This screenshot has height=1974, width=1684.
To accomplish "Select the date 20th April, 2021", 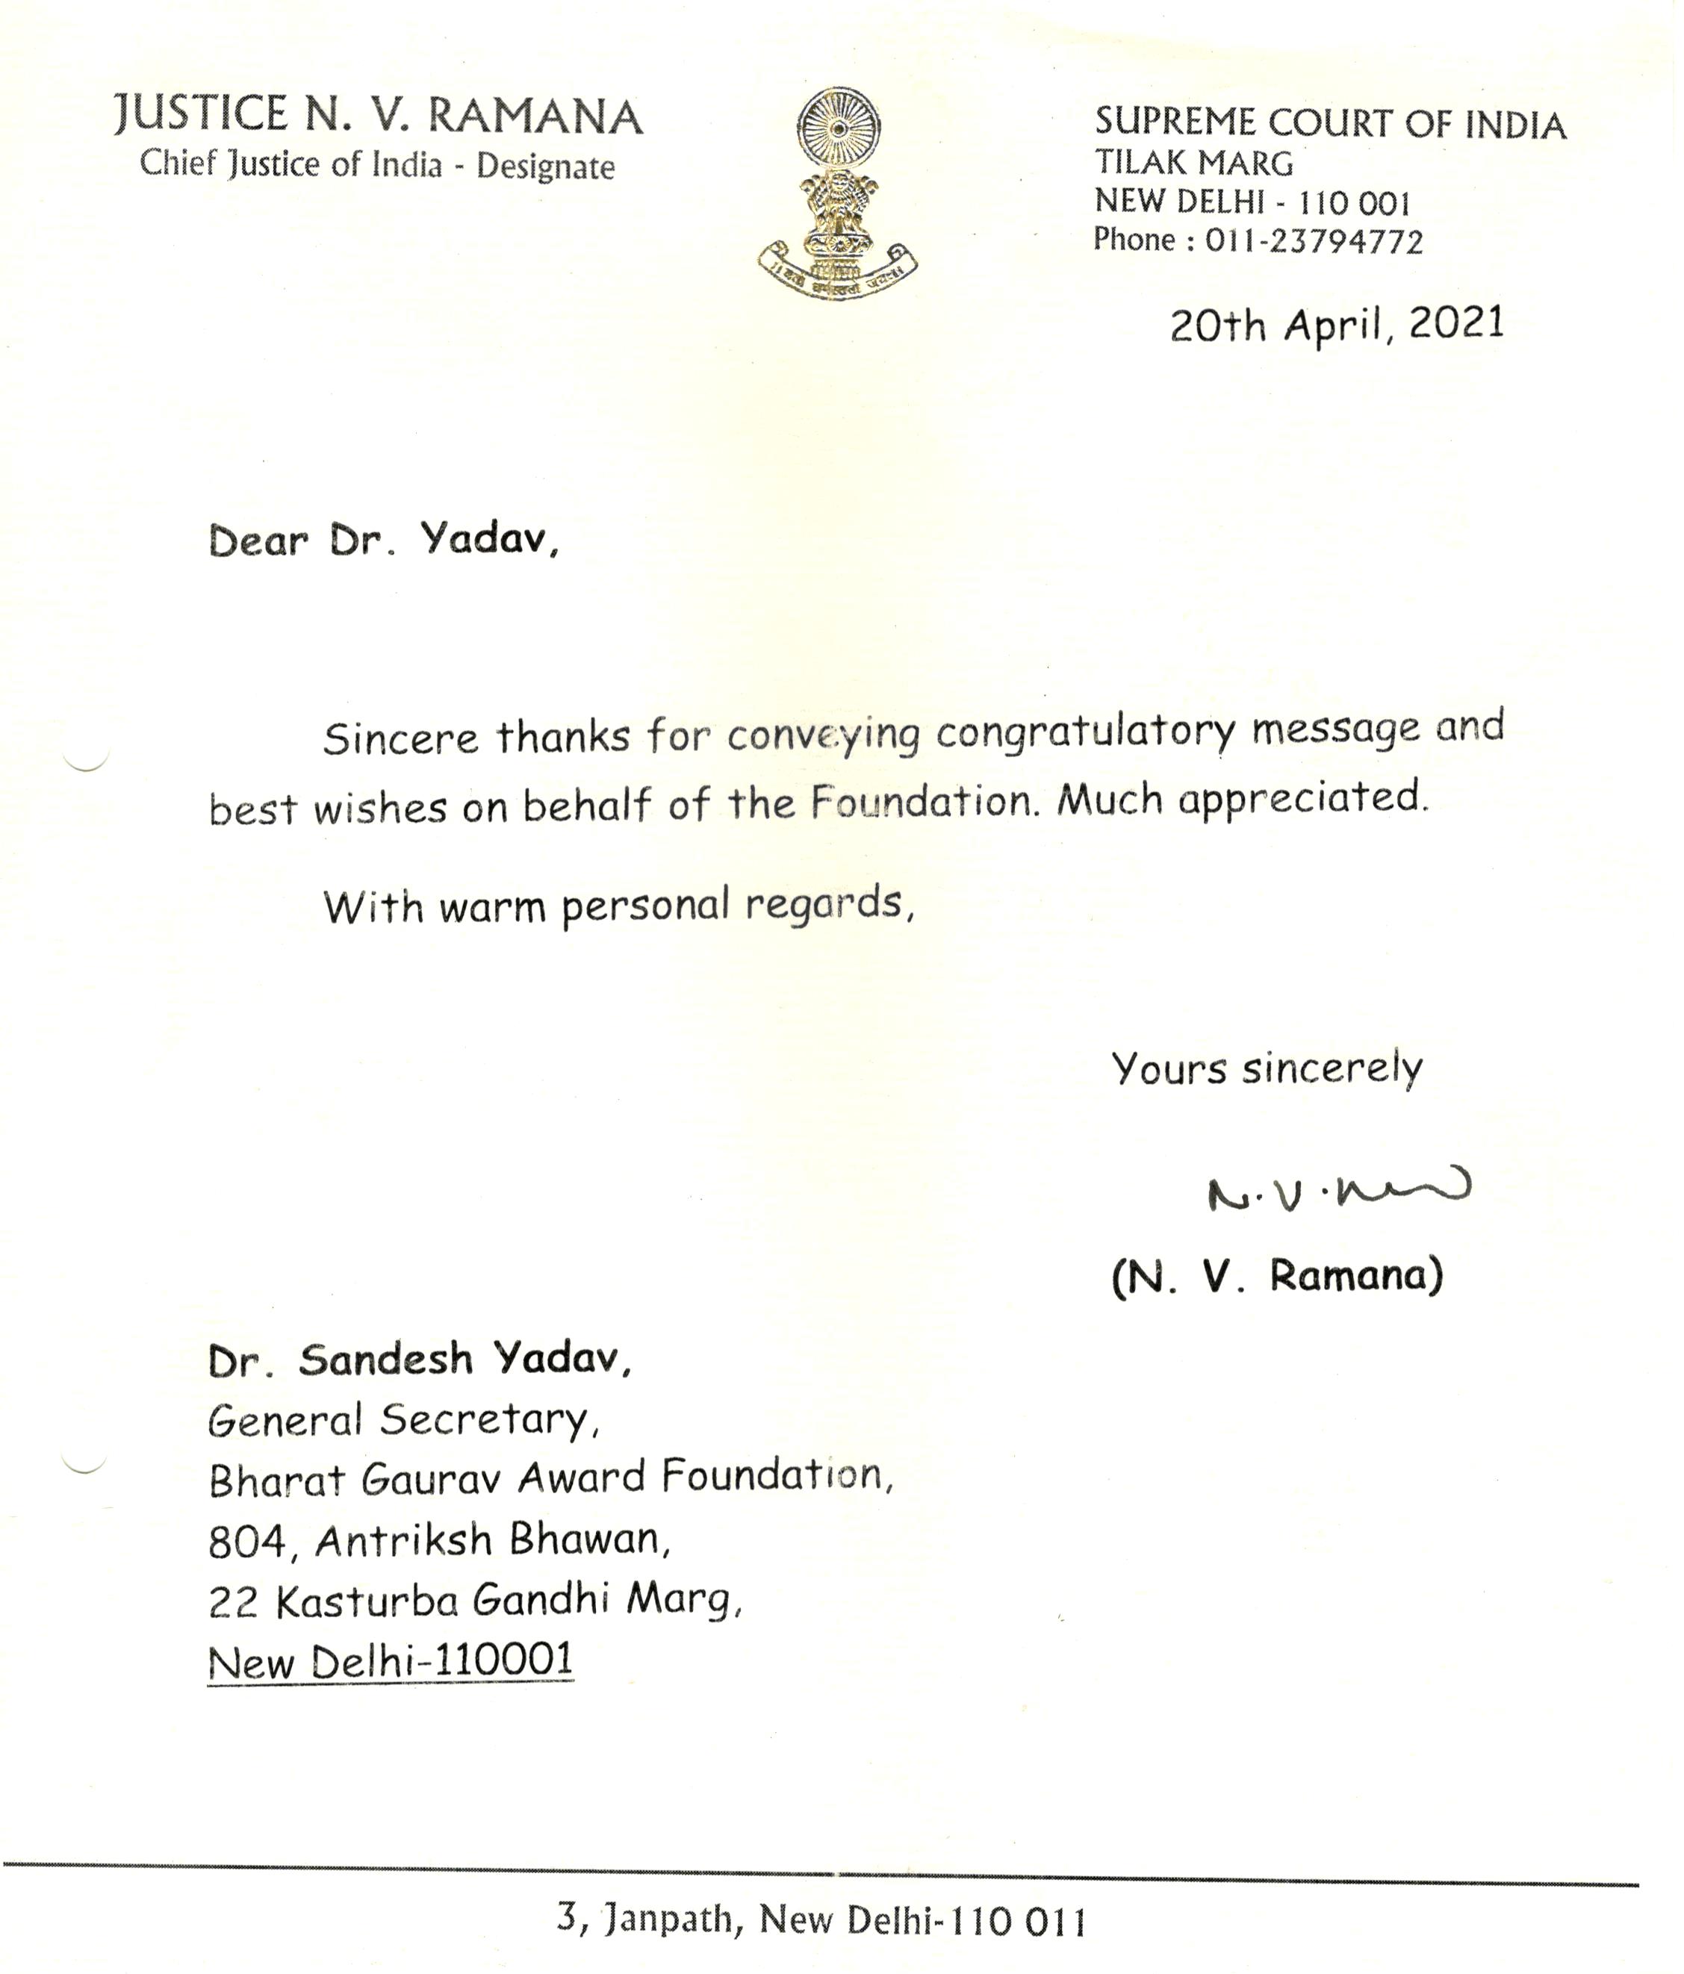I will [x=1336, y=325].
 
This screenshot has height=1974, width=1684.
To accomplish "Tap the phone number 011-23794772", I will [x=1314, y=241].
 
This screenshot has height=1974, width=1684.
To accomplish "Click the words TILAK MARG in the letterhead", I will [x=1193, y=163].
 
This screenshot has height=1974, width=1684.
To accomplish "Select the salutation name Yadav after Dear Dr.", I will [x=488, y=541].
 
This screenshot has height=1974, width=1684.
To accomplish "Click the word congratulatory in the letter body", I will [x=1086, y=732].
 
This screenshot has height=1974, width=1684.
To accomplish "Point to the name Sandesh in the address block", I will [x=385, y=1360].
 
